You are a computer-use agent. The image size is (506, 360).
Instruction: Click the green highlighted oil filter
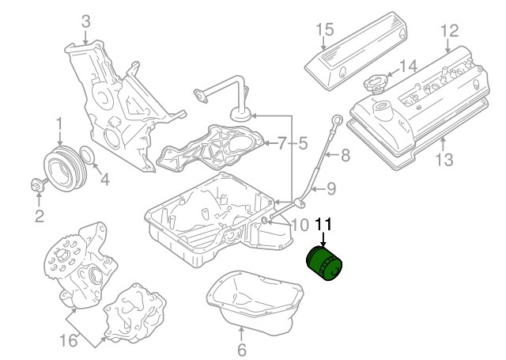tap(324, 263)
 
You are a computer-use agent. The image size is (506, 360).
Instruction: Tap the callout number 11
tap(323, 225)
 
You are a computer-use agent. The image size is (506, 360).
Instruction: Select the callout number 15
tap(324, 30)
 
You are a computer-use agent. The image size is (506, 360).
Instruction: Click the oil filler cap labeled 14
tap(376, 83)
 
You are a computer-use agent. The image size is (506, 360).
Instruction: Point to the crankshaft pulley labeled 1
tap(65, 169)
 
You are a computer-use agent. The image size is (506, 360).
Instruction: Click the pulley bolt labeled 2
tap(39, 185)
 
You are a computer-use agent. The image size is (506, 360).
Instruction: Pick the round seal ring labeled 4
tap(87, 154)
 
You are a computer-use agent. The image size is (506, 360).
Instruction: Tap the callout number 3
tap(85, 21)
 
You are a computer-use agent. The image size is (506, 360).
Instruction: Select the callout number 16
tap(69, 340)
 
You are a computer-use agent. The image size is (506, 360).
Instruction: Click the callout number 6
tap(242, 350)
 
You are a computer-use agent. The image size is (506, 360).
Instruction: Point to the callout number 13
tap(444, 160)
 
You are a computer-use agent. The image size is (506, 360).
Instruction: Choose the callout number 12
tap(449, 31)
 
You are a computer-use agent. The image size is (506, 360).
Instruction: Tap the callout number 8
tap(346, 155)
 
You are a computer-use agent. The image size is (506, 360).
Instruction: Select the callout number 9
tap(331, 189)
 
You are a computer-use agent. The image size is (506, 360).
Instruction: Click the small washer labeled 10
tap(263, 221)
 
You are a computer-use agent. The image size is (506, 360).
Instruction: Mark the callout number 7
tap(281, 143)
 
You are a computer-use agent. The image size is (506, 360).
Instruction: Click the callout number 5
tap(303, 143)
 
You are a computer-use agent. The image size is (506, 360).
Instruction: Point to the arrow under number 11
tap(323, 240)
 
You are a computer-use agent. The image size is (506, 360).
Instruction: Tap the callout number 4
tap(104, 179)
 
